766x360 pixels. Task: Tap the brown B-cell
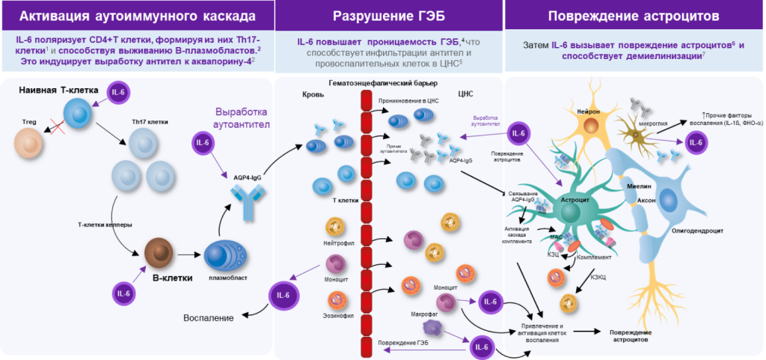pyautogui.click(x=158, y=252)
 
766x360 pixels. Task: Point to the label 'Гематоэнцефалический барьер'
pyautogui.click(x=373, y=82)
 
